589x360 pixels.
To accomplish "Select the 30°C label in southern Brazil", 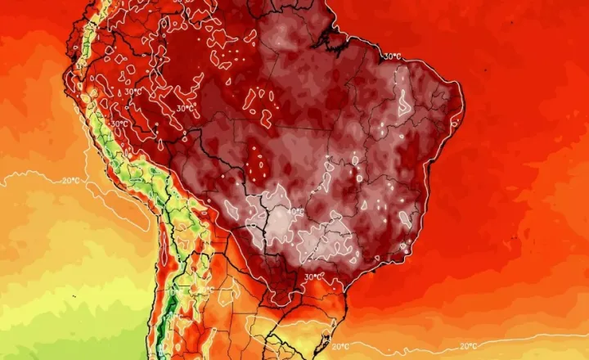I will [x=313, y=277].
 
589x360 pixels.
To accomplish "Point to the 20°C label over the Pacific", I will [x=71, y=179].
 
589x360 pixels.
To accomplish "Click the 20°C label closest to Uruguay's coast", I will [x=341, y=346].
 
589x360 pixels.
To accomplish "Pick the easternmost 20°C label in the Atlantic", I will [x=469, y=346].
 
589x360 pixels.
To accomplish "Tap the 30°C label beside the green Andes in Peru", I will [x=119, y=124].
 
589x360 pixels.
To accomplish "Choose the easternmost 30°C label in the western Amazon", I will [x=186, y=107].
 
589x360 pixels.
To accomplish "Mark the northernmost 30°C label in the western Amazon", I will [x=132, y=92].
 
